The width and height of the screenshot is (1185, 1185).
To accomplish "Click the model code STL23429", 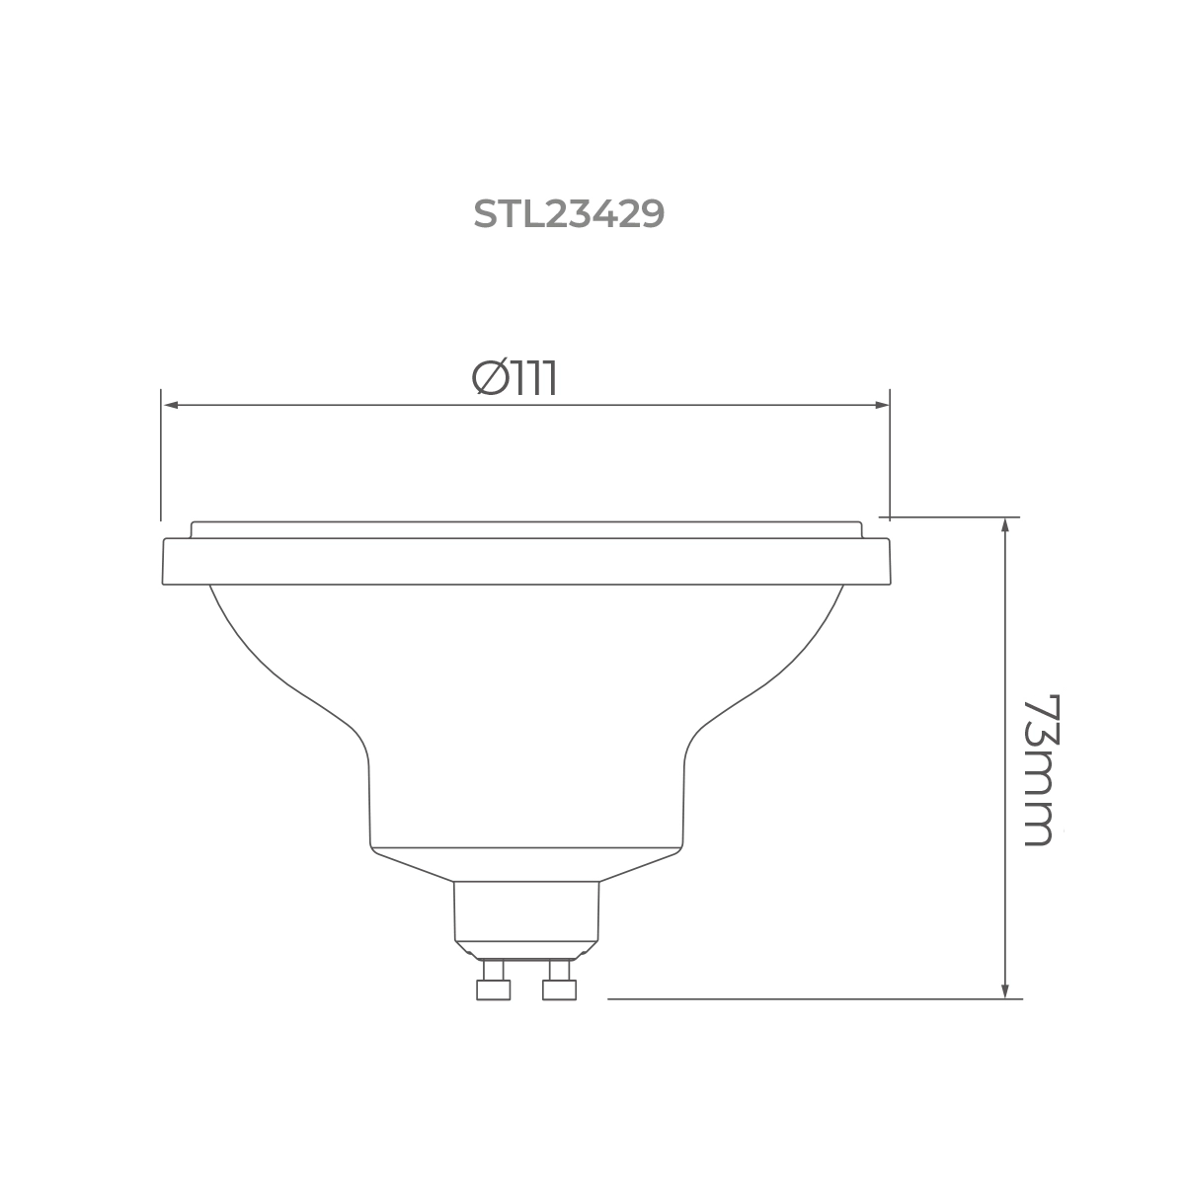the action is pos(569,214).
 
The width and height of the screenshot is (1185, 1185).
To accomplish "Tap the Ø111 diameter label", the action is pos(514,377).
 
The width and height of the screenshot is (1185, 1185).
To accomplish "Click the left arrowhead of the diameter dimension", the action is pos(172,405).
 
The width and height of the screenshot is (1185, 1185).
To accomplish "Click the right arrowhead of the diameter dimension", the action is pos(882,405).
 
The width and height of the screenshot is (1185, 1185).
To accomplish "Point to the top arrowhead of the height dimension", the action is pos(1005,524).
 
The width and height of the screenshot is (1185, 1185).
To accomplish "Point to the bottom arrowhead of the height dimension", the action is pos(1005,991).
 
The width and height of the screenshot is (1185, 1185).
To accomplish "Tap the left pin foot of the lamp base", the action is pos(493,989).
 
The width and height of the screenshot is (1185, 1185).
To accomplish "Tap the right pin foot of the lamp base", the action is pos(559,989).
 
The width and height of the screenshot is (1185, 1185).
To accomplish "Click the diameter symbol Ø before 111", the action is pos(490,377).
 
